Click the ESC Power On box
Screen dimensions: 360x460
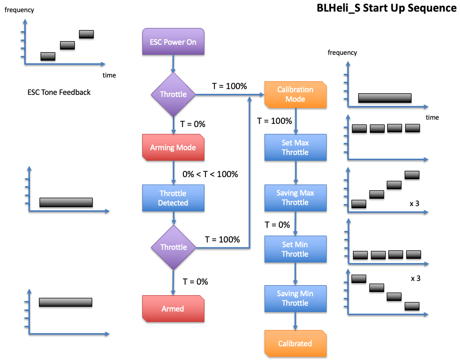pyautogui.click(x=173, y=42)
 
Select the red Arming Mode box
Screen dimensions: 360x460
pyautogui.click(x=173, y=148)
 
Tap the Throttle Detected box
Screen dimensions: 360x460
pyautogui.click(x=173, y=198)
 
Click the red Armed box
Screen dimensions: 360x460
pyautogui.click(x=173, y=308)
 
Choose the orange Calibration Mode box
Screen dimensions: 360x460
pyautogui.click(x=295, y=94)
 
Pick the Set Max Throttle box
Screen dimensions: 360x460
pyautogui.click(x=295, y=148)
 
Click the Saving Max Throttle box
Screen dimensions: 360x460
pyautogui.click(x=295, y=198)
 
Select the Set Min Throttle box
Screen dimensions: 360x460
pyautogui.click(x=295, y=249)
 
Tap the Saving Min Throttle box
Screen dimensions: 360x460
pyautogui.click(x=295, y=298)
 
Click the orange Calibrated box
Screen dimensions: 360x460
pyautogui.click(x=295, y=344)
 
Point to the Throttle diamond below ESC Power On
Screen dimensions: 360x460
pyautogui.click(x=173, y=95)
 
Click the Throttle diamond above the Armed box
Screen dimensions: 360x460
pyautogui.click(x=173, y=247)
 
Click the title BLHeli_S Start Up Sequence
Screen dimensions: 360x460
pyautogui.click(x=386, y=8)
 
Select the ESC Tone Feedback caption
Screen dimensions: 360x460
pyautogui.click(x=59, y=92)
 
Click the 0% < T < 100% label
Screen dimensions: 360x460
pyautogui.click(x=210, y=174)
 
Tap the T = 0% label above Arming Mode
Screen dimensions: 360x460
pyautogui.click(x=193, y=124)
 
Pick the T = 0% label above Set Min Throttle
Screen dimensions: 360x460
pyautogui.click(x=277, y=225)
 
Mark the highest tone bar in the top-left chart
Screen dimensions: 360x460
pyautogui.click(x=86, y=34)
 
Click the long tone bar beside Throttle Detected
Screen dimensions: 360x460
pyautogui.click(x=66, y=202)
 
